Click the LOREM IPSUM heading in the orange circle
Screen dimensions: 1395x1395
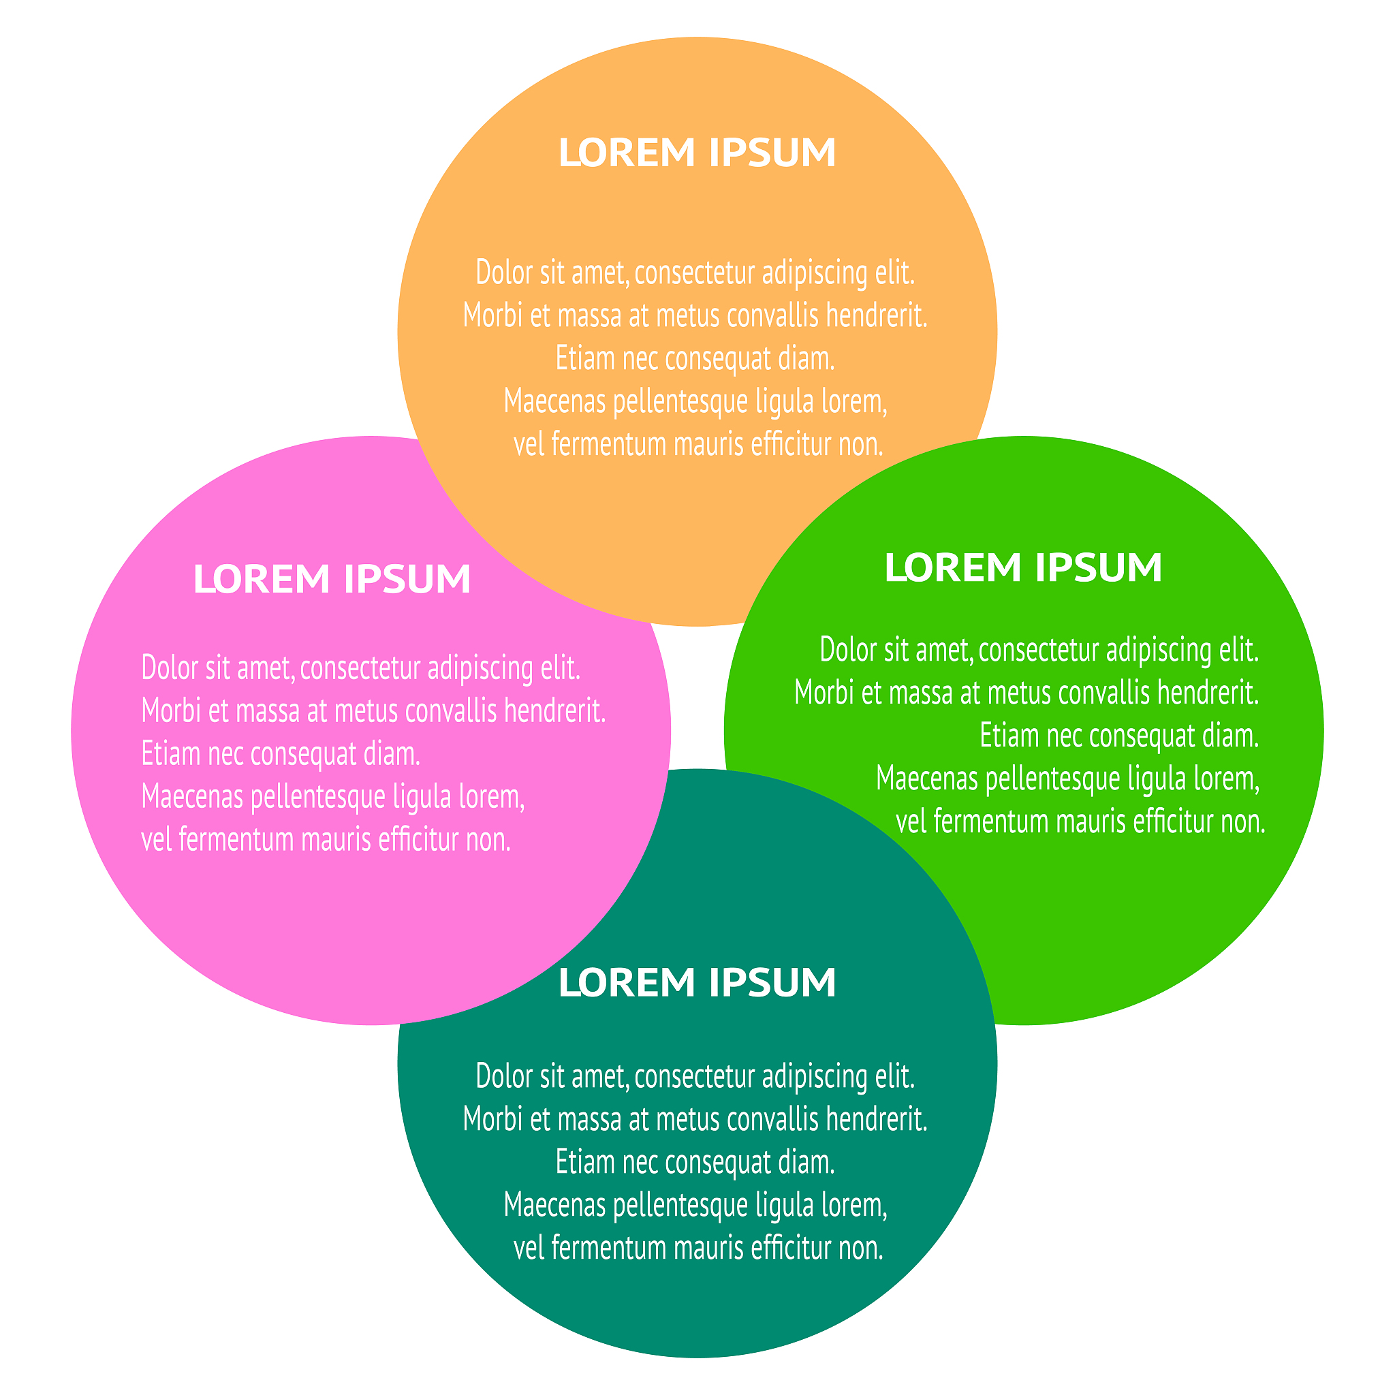pos(697,153)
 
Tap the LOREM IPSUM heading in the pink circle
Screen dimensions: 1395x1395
pos(332,579)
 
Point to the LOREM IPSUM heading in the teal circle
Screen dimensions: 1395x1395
pos(697,983)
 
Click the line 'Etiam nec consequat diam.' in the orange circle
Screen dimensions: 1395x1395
pos(695,359)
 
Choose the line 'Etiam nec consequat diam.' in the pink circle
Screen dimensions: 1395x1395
pos(281,754)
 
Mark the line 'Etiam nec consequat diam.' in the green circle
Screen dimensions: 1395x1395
pos(1119,736)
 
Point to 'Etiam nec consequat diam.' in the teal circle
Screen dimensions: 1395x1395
pos(695,1163)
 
